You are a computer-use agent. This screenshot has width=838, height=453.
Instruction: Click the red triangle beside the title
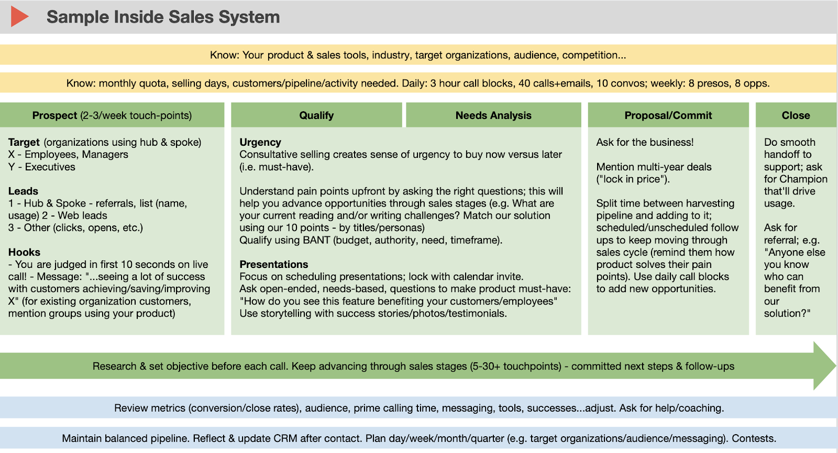coord(19,17)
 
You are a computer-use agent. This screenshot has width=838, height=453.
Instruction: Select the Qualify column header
coord(316,115)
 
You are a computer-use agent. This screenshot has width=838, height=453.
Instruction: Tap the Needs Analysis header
coord(493,115)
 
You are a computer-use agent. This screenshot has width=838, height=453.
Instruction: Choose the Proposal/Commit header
coord(668,115)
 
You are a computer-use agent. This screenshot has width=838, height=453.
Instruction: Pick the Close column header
coord(796,115)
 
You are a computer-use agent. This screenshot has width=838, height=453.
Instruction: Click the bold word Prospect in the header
coord(54,115)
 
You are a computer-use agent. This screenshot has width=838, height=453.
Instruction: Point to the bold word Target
coord(24,142)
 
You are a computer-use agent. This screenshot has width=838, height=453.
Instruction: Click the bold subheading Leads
coord(23,191)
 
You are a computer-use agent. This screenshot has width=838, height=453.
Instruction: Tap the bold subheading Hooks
coord(24,252)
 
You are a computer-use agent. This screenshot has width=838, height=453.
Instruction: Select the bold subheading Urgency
coord(260,142)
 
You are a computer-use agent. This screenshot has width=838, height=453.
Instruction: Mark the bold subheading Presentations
coord(274,264)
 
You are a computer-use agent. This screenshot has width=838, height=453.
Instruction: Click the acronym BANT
coord(316,240)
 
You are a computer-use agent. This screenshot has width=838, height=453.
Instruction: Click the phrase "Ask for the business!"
coord(645,142)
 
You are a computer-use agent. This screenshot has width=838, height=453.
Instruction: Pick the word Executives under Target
coord(50,167)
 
